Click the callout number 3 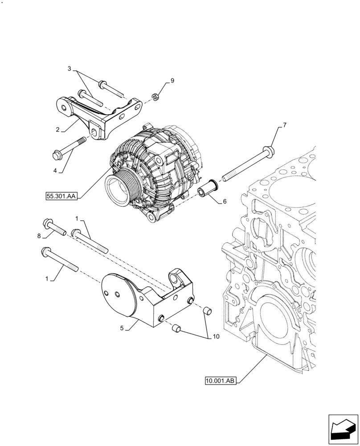pyautogui.click(x=70, y=69)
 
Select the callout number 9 pyautogui.click(x=172, y=81)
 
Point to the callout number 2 pyautogui.click(x=58, y=130)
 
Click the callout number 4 pyautogui.click(x=56, y=170)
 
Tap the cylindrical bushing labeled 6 pyautogui.click(x=207, y=187)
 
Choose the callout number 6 pyautogui.click(x=225, y=201)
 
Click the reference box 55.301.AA pyautogui.click(x=61, y=195)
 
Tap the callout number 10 pyautogui.click(x=216, y=337)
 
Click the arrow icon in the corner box pyautogui.click(x=343, y=429)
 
